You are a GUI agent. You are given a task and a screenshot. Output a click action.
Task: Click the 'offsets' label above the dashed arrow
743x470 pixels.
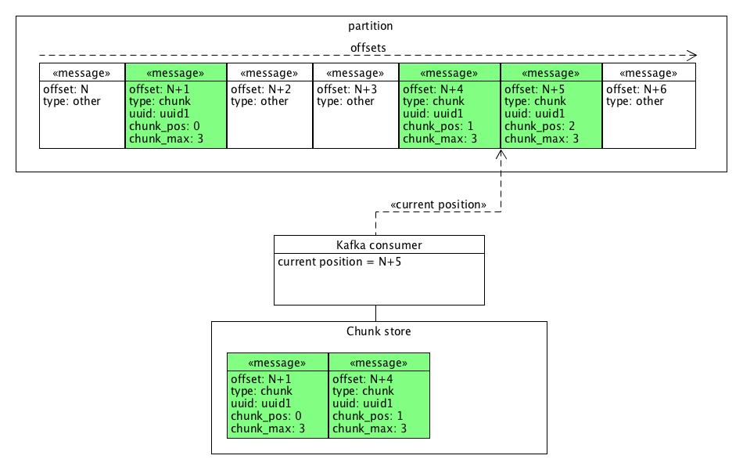[368, 48]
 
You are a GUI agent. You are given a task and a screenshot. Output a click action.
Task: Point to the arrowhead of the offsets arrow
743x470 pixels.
[692, 56]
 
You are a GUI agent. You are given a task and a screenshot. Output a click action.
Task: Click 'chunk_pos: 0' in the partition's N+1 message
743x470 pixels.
[164, 126]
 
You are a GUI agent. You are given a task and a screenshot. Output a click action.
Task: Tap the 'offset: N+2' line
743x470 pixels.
[259, 89]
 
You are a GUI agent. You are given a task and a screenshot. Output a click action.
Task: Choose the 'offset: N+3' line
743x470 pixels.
[346, 89]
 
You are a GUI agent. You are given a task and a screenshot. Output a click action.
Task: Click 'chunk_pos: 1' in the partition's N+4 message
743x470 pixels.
[437, 126]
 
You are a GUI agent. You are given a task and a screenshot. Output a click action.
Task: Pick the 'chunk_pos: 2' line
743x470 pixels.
[540, 126]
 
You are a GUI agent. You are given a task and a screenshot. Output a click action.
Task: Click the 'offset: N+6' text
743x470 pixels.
[636, 89]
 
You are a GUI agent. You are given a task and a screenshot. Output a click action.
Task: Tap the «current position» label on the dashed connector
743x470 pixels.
[438, 204]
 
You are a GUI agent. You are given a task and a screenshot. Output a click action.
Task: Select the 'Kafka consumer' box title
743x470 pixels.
[379, 245]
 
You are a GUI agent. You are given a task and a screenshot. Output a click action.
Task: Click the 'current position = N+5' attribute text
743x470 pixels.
[339, 262]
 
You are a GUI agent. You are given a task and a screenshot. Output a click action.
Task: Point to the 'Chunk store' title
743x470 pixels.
[379, 331]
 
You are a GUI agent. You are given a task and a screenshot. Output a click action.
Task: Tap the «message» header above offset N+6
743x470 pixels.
[648, 73]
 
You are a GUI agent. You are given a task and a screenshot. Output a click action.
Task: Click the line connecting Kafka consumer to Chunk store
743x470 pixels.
[375, 313]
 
